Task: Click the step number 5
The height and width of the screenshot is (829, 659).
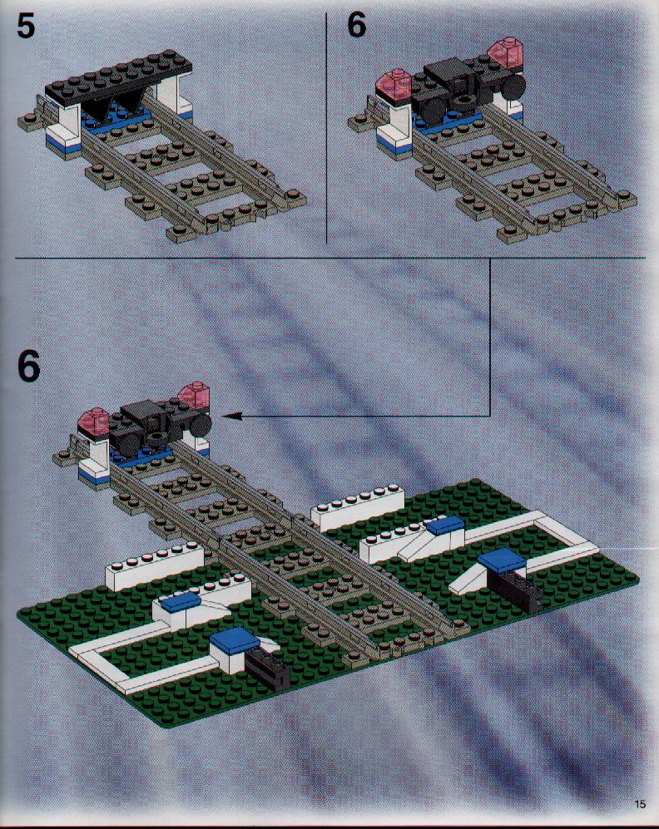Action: [x=26, y=27]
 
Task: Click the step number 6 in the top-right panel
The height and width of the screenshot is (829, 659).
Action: [x=357, y=26]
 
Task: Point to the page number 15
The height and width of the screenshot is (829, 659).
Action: [x=640, y=804]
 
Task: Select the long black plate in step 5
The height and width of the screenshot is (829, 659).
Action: [x=118, y=77]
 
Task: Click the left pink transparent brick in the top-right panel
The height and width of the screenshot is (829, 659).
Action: [x=395, y=84]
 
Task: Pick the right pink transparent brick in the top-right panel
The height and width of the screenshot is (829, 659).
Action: [x=504, y=53]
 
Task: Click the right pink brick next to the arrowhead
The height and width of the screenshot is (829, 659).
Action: [x=194, y=396]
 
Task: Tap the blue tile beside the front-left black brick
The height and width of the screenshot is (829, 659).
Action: [x=235, y=639]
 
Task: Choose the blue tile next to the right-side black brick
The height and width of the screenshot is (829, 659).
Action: [x=502, y=560]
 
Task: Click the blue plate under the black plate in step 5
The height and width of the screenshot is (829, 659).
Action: [x=117, y=120]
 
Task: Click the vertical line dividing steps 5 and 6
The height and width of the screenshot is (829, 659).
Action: [x=326, y=127]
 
